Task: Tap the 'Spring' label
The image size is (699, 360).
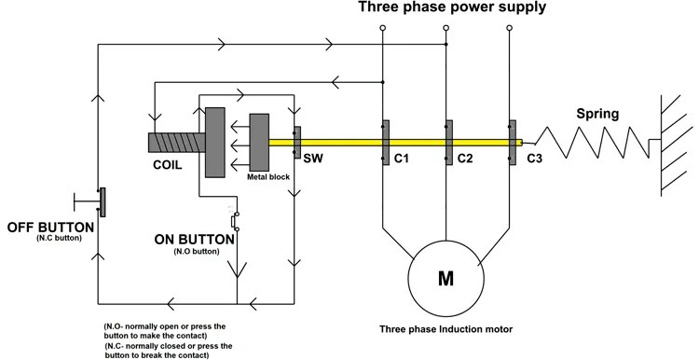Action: (x=597, y=115)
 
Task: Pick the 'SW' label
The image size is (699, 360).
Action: (x=312, y=159)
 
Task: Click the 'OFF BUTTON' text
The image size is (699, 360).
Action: (x=50, y=227)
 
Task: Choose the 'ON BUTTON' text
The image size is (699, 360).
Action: (x=194, y=239)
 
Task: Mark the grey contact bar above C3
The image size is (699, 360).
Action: (x=513, y=143)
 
